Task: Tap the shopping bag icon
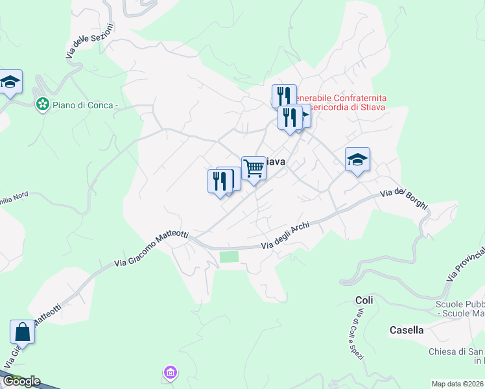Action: [x=22, y=333]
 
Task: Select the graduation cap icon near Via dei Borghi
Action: [x=357, y=160]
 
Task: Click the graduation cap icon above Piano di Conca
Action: [x=10, y=82]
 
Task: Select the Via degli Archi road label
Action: [x=285, y=237]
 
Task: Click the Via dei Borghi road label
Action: [x=404, y=198]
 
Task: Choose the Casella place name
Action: [x=407, y=330]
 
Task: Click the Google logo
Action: [x=21, y=381]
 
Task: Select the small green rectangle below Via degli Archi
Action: [x=229, y=257]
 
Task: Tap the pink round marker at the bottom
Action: [x=170, y=372]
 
